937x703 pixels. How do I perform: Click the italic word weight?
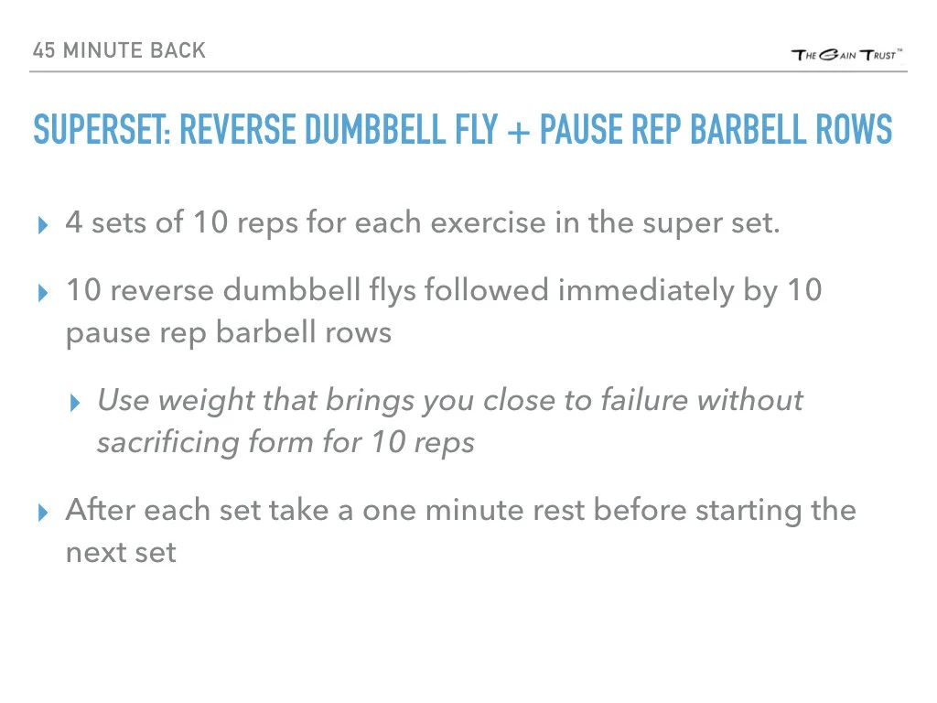point(198,400)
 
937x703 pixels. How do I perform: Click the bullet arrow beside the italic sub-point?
point(76,403)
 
